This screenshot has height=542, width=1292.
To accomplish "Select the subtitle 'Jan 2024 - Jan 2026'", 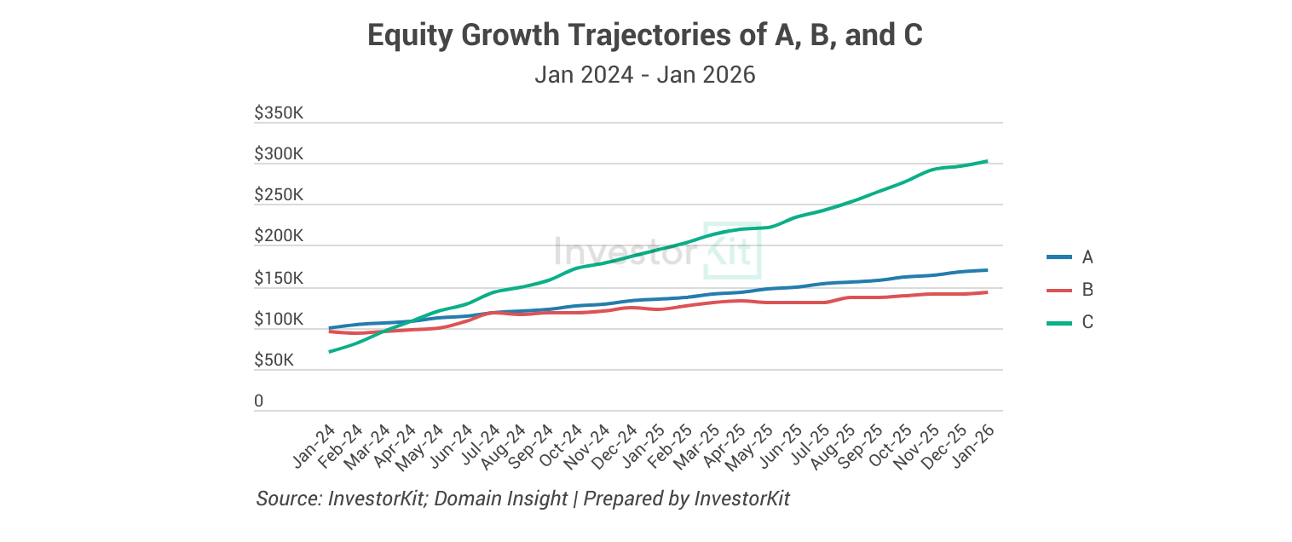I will [x=645, y=75].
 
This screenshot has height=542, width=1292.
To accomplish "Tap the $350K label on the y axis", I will [x=279, y=113].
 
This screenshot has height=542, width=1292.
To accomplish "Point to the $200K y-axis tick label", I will [x=279, y=236].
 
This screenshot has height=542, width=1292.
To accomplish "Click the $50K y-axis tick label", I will [x=274, y=360].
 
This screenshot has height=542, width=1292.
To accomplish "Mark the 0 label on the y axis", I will [x=259, y=401].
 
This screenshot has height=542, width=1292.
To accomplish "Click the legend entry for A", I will [x=1070, y=257].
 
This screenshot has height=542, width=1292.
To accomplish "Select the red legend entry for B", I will [x=1070, y=290].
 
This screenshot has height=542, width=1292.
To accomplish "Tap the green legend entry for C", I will [x=1070, y=322].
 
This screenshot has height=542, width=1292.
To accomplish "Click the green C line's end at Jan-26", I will [x=987, y=161].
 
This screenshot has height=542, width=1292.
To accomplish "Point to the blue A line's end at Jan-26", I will [x=987, y=270].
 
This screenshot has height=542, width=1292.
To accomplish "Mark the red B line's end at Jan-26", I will [x=987, y=292].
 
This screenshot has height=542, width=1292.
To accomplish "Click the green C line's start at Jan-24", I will [x=329, y=352].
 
